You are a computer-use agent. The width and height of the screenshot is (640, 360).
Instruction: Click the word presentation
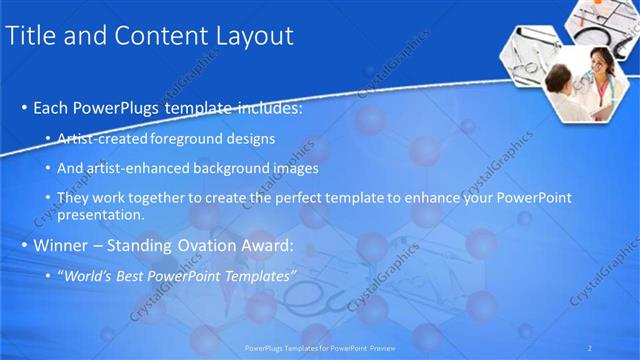click(x=101, y=214)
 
